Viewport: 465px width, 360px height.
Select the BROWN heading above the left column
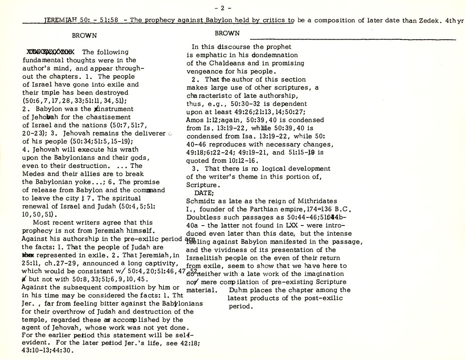tap(84, 36)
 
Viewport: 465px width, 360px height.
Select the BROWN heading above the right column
tap(227, 33)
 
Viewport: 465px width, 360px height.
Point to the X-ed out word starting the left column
tap(50, 52)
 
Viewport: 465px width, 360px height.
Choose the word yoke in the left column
tap(80, 182)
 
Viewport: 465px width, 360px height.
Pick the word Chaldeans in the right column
tap(223, 63)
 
